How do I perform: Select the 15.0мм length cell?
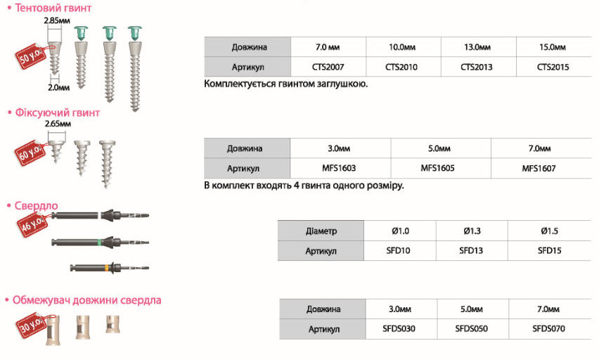553,47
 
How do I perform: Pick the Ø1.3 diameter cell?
472,231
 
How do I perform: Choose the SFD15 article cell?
549,251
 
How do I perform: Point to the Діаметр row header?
321,231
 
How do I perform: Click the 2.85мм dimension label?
57,20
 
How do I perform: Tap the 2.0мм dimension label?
59,87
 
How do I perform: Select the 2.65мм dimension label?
58,124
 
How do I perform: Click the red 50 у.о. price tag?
31,56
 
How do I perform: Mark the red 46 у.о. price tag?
32,224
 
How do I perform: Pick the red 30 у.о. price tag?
32,325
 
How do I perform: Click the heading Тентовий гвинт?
53,8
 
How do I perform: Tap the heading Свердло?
37,205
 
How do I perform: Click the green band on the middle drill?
100,242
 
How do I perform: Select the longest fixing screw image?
107,164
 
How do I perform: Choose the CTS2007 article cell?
328,67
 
